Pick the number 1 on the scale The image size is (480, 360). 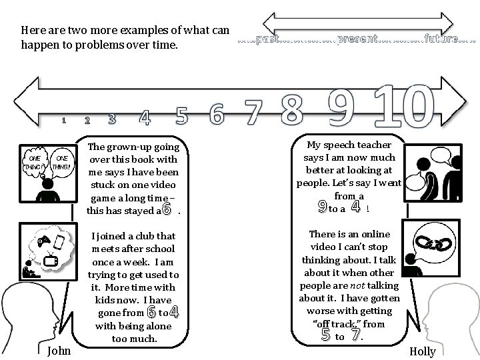(x=63, y=121)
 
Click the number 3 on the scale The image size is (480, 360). (x=111, y=119)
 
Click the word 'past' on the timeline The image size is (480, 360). (x=266, y=39)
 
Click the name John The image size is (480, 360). (x=60, y=350)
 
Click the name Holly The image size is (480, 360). (x=423, y=351)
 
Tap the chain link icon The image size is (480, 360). (x=432, y=244)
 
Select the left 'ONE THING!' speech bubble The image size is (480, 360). (x=34, y=162)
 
